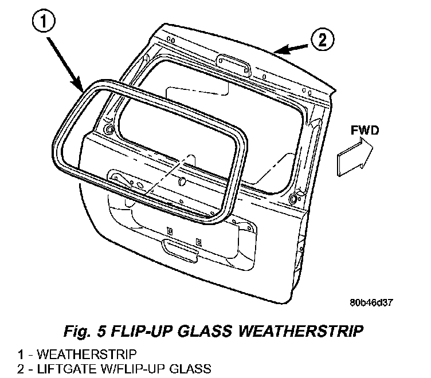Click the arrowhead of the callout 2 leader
[278, 52]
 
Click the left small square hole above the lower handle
[169, 231]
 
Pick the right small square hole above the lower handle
[198, 240]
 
